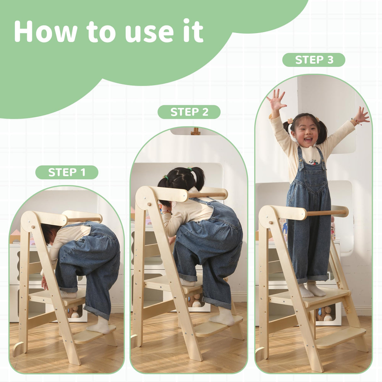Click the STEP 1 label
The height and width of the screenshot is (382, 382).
pyautogui.click(x=67, y=172)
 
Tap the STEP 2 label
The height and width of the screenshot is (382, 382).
pyautogui.click(x=189, y=112)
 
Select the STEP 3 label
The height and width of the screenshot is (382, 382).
pyautogui.click(x=314, y=60)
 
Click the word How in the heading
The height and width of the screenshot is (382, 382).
pyautogui.click(x=46, y=31)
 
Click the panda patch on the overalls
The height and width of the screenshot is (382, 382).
pyautogui.click(x=312, y=162)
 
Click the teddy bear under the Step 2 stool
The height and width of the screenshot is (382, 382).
pyautogui.click(x=195, y=301)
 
